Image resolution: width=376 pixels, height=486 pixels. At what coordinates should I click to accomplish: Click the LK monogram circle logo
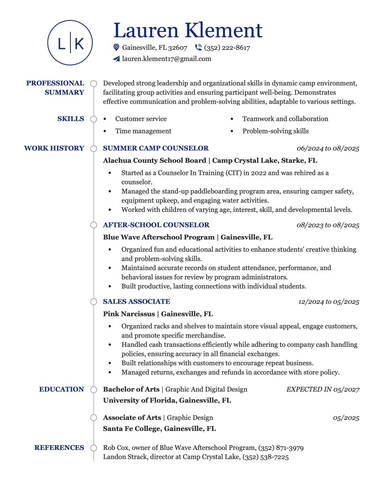[x=70, y=43]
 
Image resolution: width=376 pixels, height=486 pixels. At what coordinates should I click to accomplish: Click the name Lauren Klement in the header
[x=188, y=30]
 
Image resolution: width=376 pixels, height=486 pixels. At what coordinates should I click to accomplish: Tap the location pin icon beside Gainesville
[x=116, y=48]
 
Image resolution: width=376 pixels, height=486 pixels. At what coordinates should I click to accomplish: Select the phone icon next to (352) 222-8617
[x=198, y=48]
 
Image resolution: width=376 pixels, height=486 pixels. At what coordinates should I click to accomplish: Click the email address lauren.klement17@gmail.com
[x=166, y=59]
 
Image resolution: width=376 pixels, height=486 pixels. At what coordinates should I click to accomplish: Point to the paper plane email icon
[x=116, y=59]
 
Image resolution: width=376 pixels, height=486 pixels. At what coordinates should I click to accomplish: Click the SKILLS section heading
[x=70, y=119]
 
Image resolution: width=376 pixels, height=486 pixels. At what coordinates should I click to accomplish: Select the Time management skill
[x=143, y=131]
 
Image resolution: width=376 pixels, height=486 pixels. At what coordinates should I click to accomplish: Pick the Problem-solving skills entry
[x=275, y=131]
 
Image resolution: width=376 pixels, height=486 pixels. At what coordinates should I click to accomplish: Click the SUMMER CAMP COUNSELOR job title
[x=155, y=148]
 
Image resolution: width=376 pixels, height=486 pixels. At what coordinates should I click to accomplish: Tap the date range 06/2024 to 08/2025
[x=328, y=149]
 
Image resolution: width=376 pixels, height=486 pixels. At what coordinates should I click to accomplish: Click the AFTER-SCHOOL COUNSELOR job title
[x=156, y=225]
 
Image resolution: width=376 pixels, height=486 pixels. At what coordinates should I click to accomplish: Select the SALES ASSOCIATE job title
[x=136, y=301]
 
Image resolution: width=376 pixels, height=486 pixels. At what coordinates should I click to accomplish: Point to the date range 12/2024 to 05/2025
[x=328, y=302]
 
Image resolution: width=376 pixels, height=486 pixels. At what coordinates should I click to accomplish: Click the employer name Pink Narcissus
[x=129, y=314]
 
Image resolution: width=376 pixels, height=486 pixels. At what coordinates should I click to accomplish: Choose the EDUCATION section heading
[x=61, y=389]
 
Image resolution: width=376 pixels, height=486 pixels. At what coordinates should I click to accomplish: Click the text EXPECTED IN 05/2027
[x=322, y=390]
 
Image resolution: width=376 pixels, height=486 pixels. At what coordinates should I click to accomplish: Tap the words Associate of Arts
[x=132, y=418]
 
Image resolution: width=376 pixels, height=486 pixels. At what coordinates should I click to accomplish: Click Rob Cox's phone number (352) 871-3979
[x=281, y=448]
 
